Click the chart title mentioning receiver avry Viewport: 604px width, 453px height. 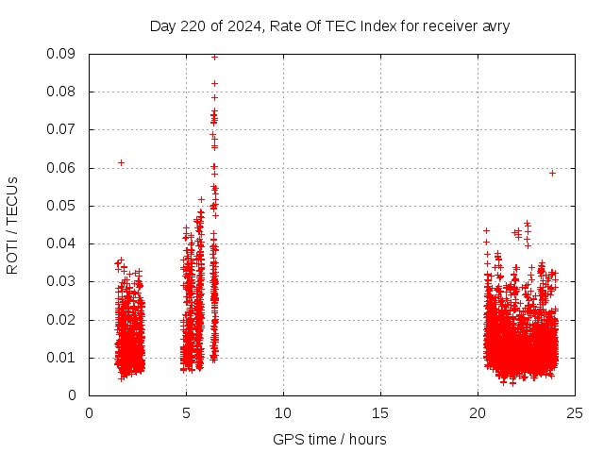pos(329,25)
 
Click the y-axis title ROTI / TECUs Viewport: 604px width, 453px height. pos(12,225)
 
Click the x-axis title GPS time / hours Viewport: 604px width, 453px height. pos(329,439)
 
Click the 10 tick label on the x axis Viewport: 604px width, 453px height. pos(283,412)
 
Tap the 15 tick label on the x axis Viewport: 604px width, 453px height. pos(380,412)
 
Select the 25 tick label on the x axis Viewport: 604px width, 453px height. pos(575,412)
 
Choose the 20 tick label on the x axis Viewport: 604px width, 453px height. pos(478,412)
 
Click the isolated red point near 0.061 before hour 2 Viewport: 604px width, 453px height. pos(121,162)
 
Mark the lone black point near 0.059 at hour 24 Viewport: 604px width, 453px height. pos(552,173)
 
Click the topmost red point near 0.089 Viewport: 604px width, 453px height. pos(214,57)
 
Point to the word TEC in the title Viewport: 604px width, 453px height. pos(342,25)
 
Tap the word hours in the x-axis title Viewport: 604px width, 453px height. pos(367,439)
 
